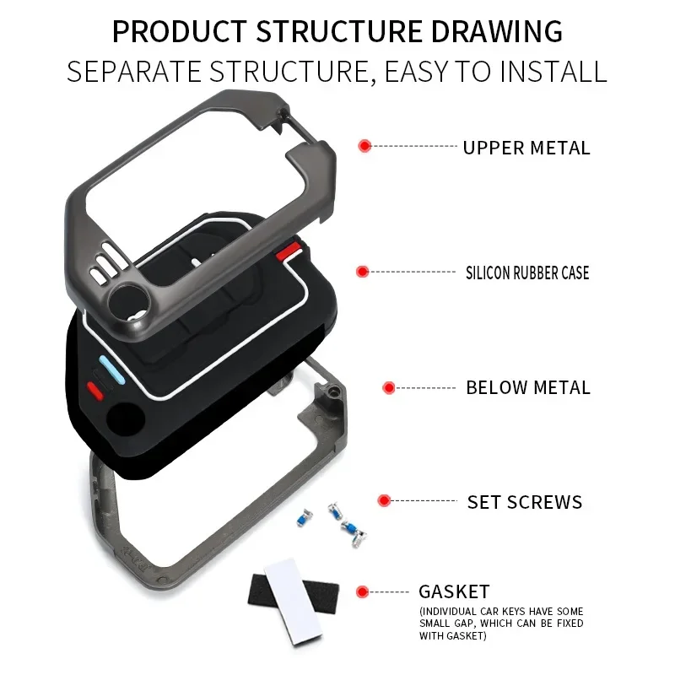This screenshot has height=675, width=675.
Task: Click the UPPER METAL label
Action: [526, 148]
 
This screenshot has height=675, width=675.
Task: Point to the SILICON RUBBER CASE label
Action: [527, 273]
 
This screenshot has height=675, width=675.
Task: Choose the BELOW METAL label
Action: [528, 388]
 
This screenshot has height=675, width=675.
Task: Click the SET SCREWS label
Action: [525, 502]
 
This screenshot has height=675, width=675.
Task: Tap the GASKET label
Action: [454, 591]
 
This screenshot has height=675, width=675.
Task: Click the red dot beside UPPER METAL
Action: [364, 146]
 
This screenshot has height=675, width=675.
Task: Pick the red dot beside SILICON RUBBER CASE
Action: [363, 272]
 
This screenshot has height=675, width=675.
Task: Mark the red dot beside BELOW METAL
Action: [389, 388]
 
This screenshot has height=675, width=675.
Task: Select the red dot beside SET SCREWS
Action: [385, 500]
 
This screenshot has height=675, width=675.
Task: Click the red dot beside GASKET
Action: [363, 591]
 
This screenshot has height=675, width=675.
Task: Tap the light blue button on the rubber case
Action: [112, 368]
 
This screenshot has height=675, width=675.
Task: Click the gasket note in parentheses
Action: [501, 624]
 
